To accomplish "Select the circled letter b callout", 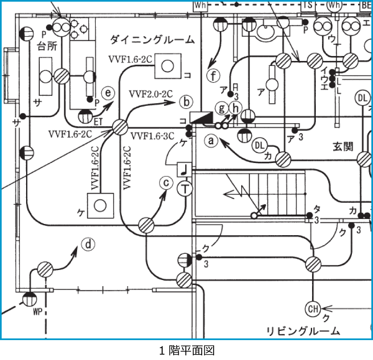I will coord(186,101).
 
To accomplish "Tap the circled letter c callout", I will coord(166,183).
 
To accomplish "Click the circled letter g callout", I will coord(222,108).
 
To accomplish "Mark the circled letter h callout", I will coord(235,108).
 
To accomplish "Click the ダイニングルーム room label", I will coord(152,40).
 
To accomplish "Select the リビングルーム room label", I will coord(303,331).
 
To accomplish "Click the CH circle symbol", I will coord(313,309).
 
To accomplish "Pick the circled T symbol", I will coord(185,190).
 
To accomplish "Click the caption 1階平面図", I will coord(186,350).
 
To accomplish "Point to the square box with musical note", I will coord(184,169).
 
